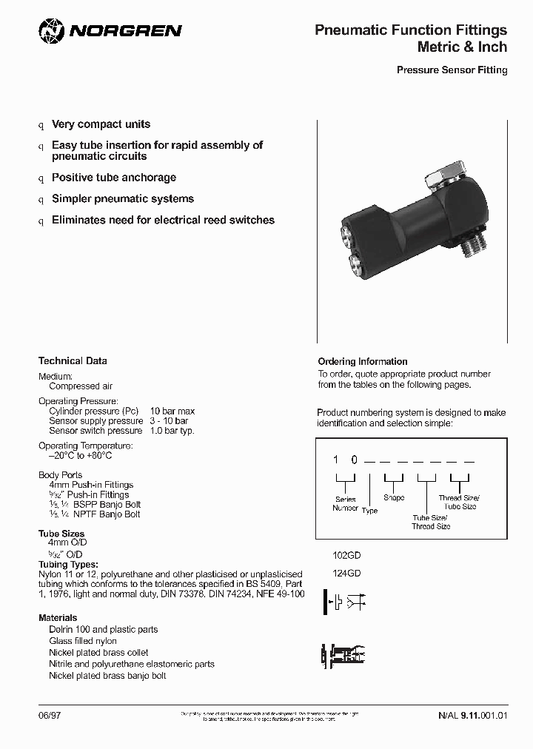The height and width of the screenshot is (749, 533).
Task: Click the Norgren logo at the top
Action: coord(110,31)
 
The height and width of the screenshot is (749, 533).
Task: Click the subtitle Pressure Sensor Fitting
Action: coord(452,70)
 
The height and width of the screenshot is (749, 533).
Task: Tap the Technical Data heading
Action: coord(73,361)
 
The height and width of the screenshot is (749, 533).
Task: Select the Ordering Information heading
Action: coord(362,362)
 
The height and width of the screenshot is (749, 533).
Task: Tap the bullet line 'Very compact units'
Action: coord(101,124)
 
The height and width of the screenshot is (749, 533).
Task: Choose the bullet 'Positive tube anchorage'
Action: coord(114,178)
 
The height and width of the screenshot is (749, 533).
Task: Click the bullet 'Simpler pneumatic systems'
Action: coord(123,198)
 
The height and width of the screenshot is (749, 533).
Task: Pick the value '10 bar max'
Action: coord(172,411)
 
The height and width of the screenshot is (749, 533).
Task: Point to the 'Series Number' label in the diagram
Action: coord(345,503)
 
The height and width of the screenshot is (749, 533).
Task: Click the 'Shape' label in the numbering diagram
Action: coord(394,498)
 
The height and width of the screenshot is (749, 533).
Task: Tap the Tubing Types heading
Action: coord(68,564)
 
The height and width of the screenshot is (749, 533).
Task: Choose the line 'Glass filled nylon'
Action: coord(83,641)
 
